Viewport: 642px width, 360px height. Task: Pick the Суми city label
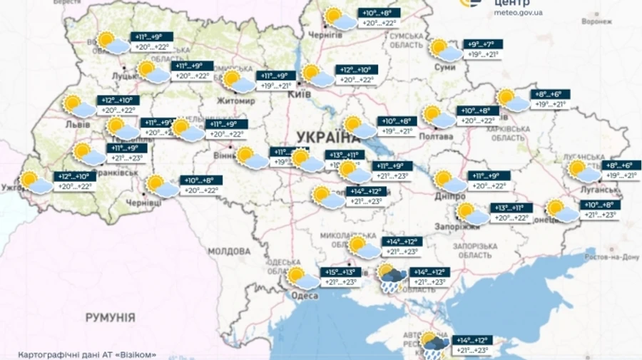point(444,67)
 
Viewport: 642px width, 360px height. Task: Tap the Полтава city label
point(438,135)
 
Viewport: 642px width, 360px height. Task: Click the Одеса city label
point(305,296)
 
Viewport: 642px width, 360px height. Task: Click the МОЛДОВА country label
point(229,252)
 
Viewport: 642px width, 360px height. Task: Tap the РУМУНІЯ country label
point(111,316)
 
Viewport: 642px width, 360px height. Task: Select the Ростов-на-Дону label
point(610,257)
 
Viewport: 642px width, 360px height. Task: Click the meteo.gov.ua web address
point(518,12)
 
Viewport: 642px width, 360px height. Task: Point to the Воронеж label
point(596,21)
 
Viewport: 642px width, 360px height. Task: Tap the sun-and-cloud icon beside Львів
point(78,106)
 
